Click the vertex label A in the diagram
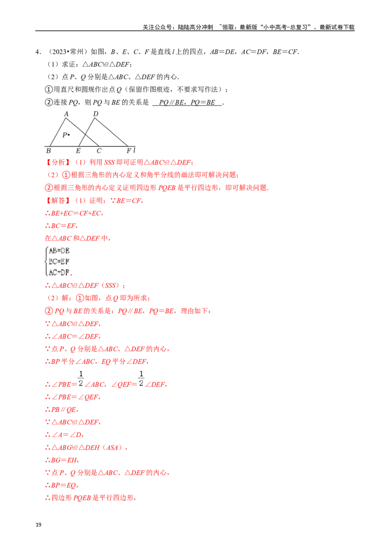pos(66,114)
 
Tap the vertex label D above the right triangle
pos(96,114)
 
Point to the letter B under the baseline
pos(48,151)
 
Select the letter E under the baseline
pos(78,151)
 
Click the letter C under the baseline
pos(99,151)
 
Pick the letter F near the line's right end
pos(129,151)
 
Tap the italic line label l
pos(134,150)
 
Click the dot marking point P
pos(69,134)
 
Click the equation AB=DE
pos(59,251)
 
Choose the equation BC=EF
pos(59,261)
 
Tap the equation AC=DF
pos(59,272)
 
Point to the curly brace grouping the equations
pos(46,261)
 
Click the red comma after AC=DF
pos(73,275)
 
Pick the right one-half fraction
pos(141,378)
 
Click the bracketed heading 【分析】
pos(58,163)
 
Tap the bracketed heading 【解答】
pos(58,201)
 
